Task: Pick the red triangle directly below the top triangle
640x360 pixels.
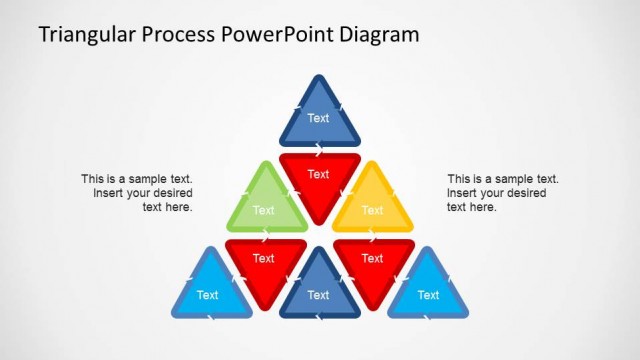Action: tap(318, 177)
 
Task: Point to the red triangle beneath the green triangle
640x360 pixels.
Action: tap(264, 262)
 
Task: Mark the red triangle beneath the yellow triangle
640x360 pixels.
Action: tap(372, 262)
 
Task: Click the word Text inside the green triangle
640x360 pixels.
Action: tap(264, 210)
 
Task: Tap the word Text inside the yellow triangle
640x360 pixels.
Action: tap(372, 210)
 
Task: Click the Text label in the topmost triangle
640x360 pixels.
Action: tap(318, 118)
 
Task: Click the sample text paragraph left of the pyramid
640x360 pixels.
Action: tap(138, 193)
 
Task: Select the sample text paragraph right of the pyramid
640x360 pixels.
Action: tap(502, 193)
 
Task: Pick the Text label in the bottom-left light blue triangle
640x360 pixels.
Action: tap(208, 295)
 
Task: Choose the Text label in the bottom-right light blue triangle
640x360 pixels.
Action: tap(428, 295)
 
